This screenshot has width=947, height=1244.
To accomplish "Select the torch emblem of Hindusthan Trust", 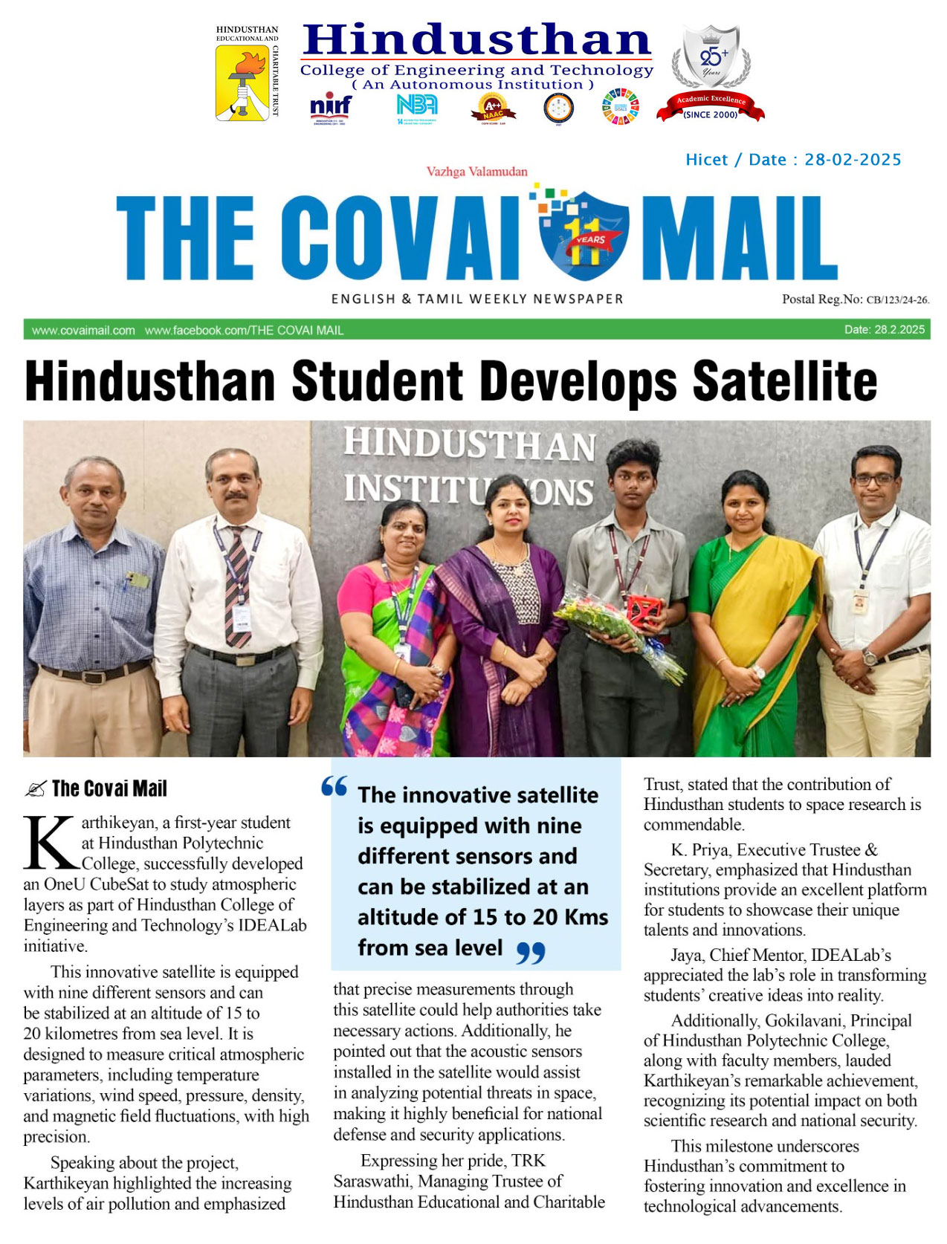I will click(x=242, y=82).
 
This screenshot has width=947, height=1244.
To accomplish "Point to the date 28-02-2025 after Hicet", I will click(x=853, y=160).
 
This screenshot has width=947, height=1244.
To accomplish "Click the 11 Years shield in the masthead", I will click(x=584, y=234).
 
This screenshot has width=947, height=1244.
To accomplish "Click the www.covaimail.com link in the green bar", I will click(x=83, y=330).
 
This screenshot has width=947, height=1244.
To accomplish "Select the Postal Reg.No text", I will click(x=855, y=299).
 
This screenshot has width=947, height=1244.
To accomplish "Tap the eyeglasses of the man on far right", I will click(x=875, y=479).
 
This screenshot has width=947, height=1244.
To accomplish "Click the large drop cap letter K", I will click(x=51, y=843).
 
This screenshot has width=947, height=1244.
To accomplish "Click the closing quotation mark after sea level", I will click(x=530, y=952).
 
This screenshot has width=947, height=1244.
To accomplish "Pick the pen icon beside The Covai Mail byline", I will click(x=35, y=789).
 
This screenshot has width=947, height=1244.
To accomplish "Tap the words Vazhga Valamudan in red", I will click(x=476, y=172).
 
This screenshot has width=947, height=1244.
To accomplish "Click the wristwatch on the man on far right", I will click(x=870, y=657).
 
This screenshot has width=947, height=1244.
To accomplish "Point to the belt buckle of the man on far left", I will click(x=94, y=677).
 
